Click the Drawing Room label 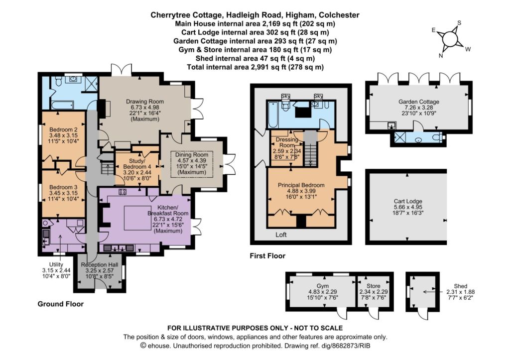(145, 102)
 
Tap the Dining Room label (192, 155)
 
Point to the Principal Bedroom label (301, 185)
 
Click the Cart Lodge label (408, 201)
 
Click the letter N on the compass (441, 56)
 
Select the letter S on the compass (459, 23)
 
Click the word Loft (281, 235)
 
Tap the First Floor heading (267, 256)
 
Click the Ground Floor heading (60, 304)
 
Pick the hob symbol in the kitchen (123, 192)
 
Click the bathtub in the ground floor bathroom (62, 105)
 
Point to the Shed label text (461, 286)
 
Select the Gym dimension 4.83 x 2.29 (323, 292)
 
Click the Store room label (374, 286)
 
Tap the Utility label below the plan (56, 265)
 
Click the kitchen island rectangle (137, 218)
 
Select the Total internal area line (255, 67)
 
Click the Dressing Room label (287, 142)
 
